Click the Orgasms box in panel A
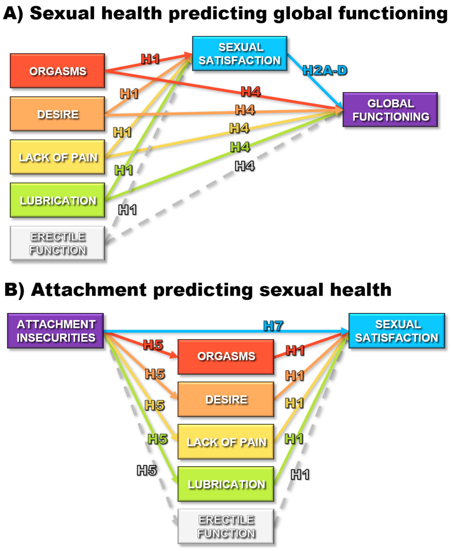coord(57,71)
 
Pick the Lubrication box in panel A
coord(57,200)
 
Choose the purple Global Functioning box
coord(390,110)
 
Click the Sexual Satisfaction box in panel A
coord(240,53)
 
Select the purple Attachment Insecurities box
coord(56,331)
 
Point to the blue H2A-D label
coord(325,70)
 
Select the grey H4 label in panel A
coord(244,166)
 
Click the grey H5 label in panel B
coord(147,470)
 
